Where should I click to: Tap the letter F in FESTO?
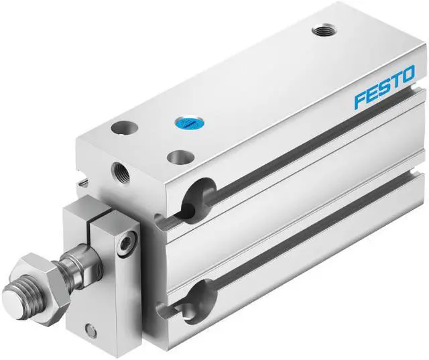click(361, 101)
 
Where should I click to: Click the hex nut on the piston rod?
click(40, 273)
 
